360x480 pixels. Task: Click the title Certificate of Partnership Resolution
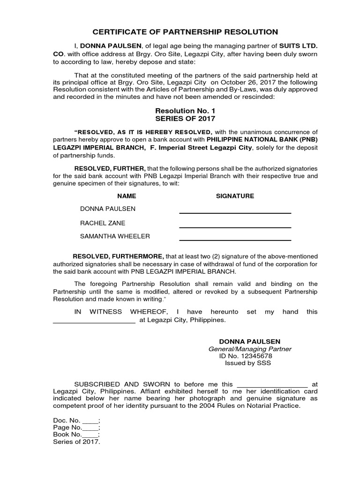[185, 32]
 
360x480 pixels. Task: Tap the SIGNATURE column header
[235, 196]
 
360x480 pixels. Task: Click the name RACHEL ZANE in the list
[103, 223]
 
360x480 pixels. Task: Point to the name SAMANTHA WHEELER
[115, 236]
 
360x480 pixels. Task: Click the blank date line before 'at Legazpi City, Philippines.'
[94, 322]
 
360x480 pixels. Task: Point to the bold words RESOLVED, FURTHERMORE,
[118, 256]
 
